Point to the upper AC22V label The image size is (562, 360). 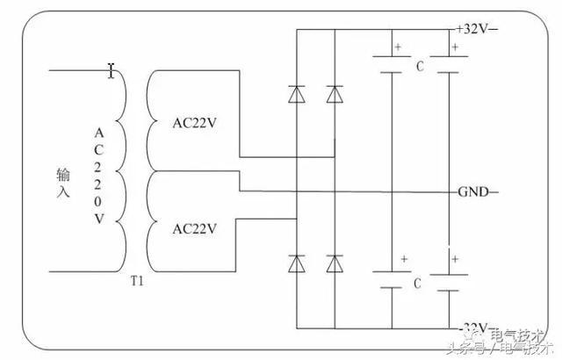(194, 122)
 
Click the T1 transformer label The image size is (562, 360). (136, 282)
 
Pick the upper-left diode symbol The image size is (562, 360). (296, 93)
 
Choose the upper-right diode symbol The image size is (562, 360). (334, 93)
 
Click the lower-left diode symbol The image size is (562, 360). (296, 262)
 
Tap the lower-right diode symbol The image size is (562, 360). (334, 262)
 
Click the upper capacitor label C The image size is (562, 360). (420, 66)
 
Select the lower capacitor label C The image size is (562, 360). (418, 284)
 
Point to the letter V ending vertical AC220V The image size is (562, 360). (98, 220)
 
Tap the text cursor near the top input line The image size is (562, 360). (111, 69)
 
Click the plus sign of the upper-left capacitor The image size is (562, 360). (398, 47)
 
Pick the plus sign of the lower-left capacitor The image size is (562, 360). (403, 259)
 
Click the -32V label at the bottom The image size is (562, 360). (474, 326)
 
